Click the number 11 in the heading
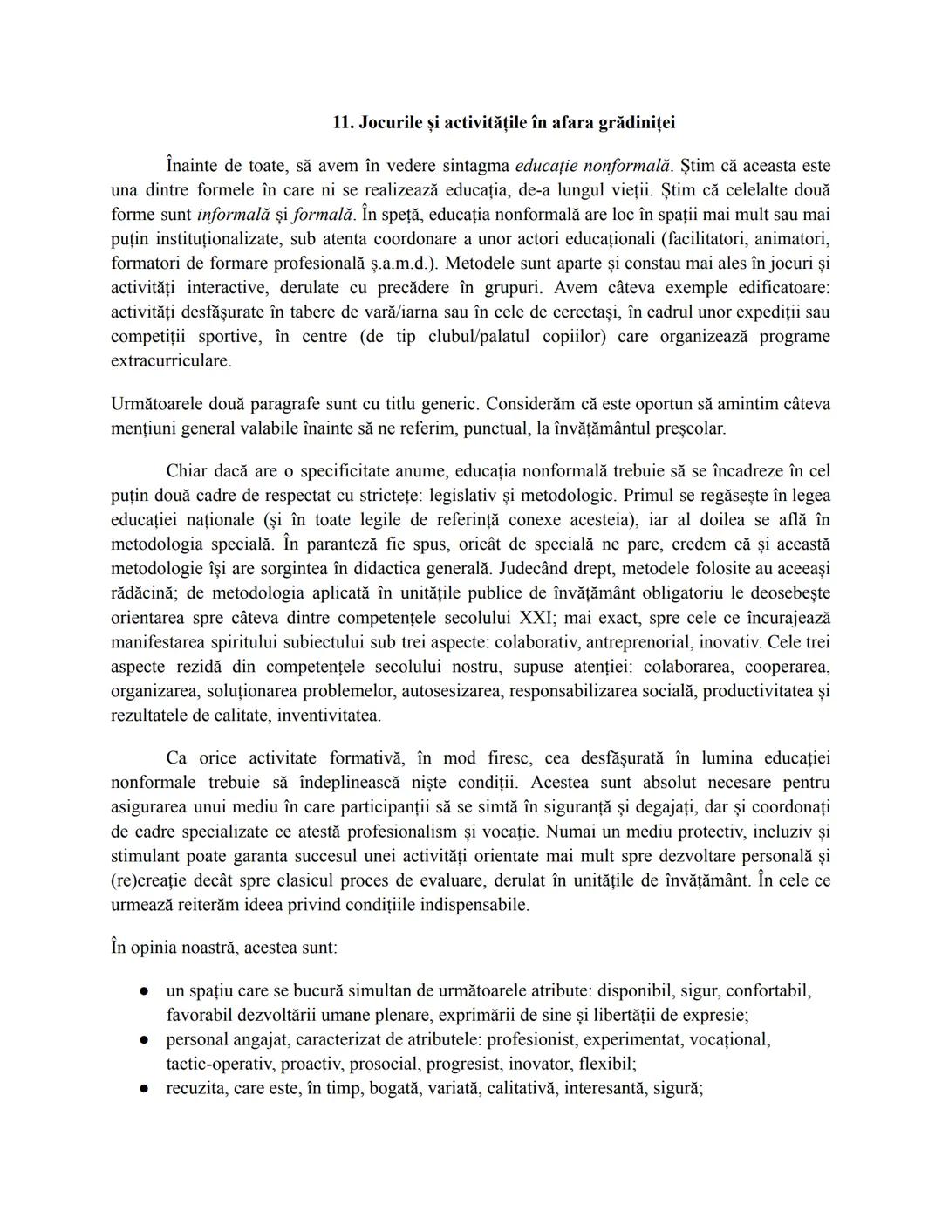[x=342, y=123]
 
